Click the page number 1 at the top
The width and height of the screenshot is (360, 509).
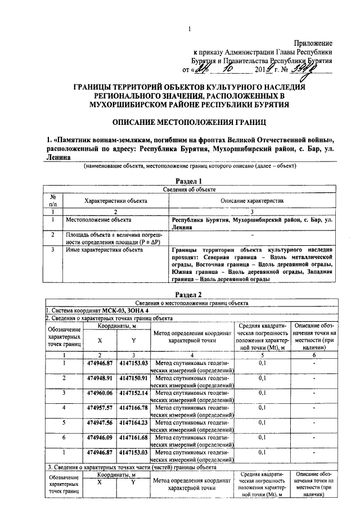[190, 29]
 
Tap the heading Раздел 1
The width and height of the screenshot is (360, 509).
[188, 181]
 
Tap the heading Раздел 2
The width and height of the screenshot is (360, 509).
[188, 294]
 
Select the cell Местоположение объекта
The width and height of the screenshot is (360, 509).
[99, 220]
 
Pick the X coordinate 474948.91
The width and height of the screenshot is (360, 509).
[101, 377]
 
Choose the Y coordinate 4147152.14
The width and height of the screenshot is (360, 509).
[133, 392]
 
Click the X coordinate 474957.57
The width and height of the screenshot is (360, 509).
[101, 407]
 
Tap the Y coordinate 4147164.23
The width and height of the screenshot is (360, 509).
[133, 421]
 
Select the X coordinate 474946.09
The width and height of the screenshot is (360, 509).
[101, 436]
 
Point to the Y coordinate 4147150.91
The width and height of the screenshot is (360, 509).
[133, 377]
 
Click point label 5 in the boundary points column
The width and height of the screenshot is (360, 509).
[64, 421]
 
